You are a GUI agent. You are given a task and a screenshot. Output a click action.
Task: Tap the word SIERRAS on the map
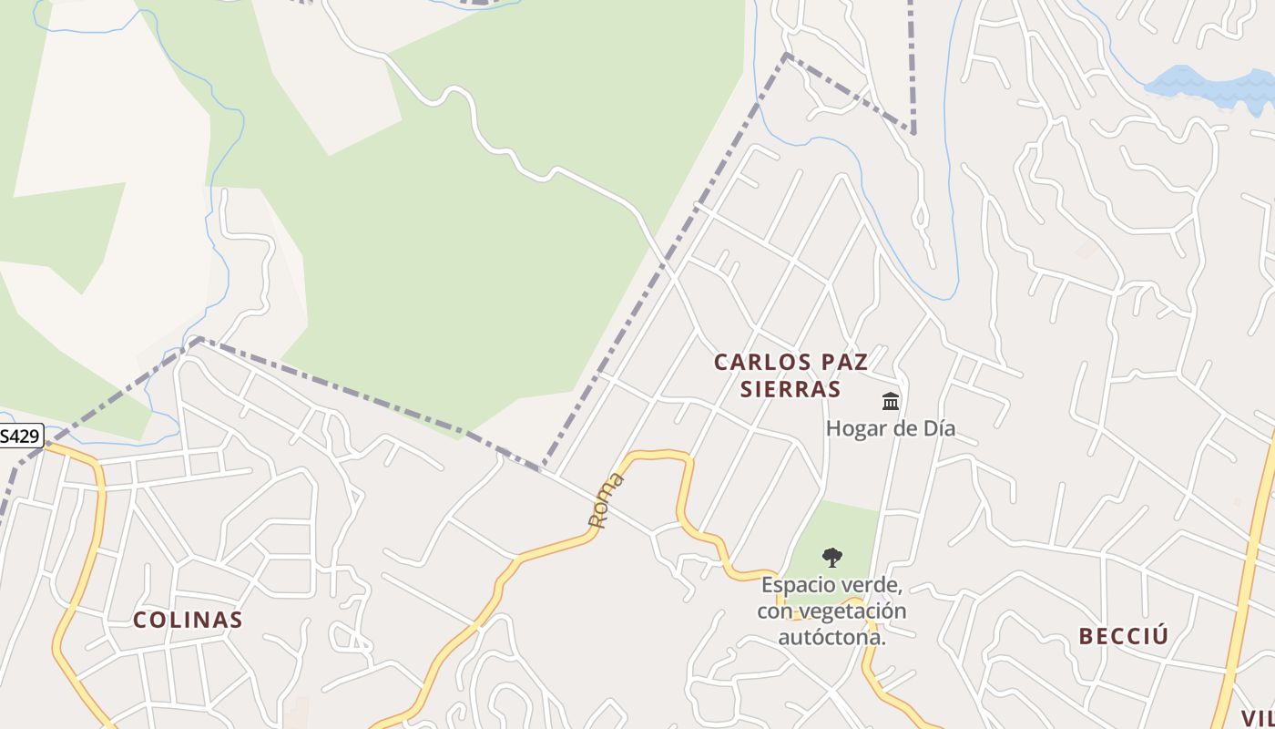[x=790, y=389]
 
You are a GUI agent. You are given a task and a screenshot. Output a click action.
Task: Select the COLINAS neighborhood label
[x=188, y=621]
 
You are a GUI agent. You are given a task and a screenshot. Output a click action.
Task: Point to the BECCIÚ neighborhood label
[x=1123, y=636]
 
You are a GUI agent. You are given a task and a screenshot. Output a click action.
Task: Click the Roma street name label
[x=606, y=500]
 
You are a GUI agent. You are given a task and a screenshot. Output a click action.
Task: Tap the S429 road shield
[x=20, y=436]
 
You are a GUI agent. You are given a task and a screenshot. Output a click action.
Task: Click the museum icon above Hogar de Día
[x=891, y=401]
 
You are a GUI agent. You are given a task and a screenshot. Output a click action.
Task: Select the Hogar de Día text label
[x=890, y=427]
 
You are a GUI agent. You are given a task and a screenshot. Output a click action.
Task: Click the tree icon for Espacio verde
[x=831, y=557]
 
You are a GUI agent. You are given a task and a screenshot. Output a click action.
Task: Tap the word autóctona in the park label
[x=831, y=637]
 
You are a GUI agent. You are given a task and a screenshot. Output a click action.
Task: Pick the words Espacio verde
[x=831, y=584]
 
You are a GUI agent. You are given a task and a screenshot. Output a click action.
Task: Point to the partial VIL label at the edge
[x=1258, y=717]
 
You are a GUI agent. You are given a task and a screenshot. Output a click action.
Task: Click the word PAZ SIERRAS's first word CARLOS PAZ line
[x=790, y=362]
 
